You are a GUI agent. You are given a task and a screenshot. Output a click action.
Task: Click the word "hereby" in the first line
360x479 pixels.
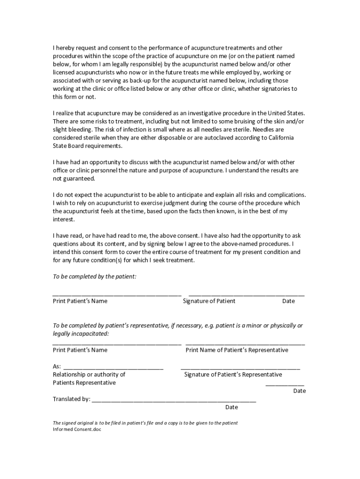pyautogui.click(x=65, y=48)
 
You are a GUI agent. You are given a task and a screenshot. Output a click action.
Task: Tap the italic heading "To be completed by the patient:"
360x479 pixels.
pyautogui.click(x=94, y=276)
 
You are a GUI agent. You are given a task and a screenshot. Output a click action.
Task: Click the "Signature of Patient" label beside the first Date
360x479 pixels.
pyautogui.click(x=209, y=301)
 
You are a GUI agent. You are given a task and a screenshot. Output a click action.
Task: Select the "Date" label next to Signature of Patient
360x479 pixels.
pyautogui.click(x=288, y=301)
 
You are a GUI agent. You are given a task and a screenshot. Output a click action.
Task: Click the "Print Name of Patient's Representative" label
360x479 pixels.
pyautogui.click(x=237, y=350)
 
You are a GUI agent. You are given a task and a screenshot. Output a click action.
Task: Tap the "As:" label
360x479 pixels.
pyautogui.click(x=57, y=366)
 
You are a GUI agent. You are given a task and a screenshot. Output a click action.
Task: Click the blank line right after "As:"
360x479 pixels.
pyautogui.click(x=113, y=368)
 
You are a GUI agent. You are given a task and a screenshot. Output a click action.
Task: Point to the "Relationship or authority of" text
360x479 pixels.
pyautogui.click(x=89, y=374)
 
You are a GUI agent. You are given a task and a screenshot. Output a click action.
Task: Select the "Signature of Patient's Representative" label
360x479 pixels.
pyautogui.click(x=233, y=374)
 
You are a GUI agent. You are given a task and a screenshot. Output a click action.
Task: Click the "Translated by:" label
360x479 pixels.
pyautogui.click(x=72, y=399)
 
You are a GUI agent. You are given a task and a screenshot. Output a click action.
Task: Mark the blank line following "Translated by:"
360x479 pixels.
pyautogui.click(x=174, y=401)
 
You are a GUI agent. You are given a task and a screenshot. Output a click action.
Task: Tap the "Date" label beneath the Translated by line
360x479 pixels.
pyautogui.click(x=231, y=407)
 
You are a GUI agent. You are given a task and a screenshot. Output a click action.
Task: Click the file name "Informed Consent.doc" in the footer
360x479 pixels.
pyautogui.click(x=77, y=429)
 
